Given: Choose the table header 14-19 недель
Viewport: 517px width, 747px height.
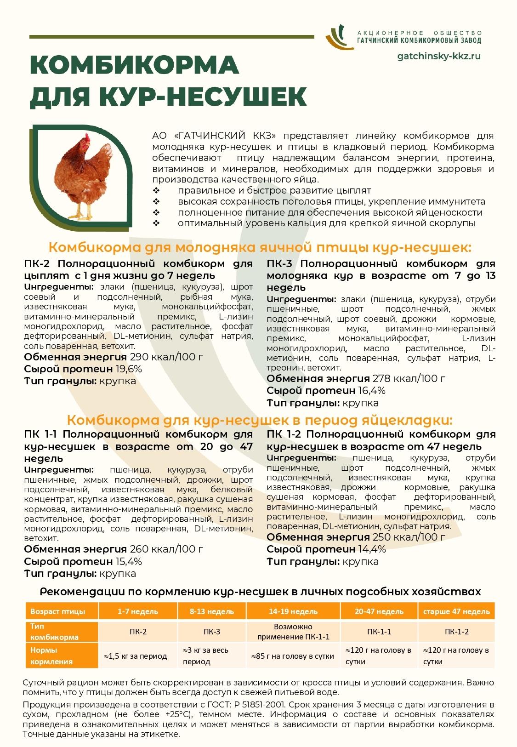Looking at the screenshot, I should [293, 611].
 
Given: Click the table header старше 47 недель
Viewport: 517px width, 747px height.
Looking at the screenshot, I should [456, 611].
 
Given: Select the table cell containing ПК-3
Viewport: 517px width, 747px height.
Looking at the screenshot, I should [212, 632].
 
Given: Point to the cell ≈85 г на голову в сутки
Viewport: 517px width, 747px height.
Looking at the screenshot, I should [293, 656].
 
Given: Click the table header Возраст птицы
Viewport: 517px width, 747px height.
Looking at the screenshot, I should [57, 611].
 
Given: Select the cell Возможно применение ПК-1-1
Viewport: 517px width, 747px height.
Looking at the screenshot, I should [293, 632].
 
